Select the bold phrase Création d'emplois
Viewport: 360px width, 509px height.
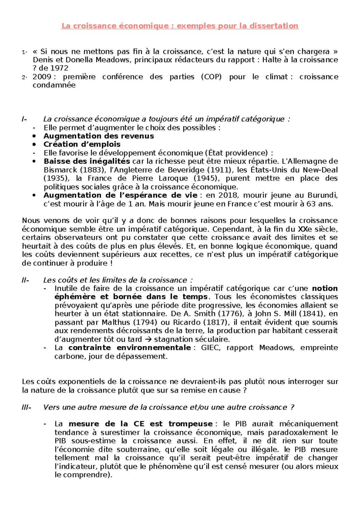82,144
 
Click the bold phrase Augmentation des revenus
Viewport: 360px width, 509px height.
99,136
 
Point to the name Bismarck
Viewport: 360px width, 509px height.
60,170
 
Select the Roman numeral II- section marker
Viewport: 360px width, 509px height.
25,280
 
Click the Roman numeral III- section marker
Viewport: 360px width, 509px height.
26,408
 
